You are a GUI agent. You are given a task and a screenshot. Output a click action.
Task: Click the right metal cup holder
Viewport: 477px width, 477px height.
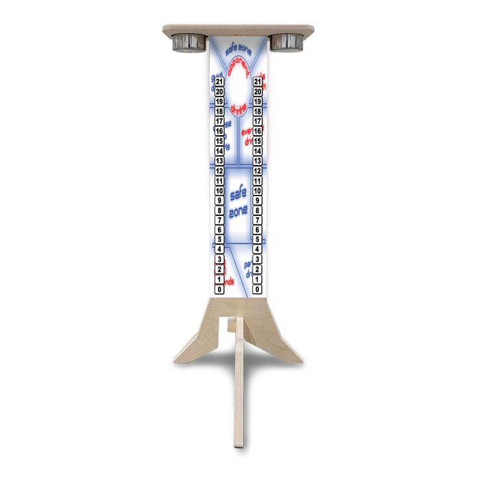pyautogui.click(x=286, y=42)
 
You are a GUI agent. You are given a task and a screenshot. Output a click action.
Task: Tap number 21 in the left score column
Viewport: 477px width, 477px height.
pyautogui.click(x=219, y=82)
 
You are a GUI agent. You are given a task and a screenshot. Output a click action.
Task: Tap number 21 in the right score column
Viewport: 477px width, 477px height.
pyautogui.click(x=257, y=82)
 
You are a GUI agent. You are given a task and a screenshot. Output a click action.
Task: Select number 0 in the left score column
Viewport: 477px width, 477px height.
pyautogui.click(x=219, y=290)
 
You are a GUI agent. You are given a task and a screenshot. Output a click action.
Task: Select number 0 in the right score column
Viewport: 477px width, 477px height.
pyautogui.click(x=257, y=290)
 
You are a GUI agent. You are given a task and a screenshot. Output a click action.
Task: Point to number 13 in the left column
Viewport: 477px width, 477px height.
pyautogui.click(x=219, y=161)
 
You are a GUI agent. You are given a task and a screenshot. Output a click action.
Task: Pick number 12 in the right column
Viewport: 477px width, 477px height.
pyautogui.click(x=257, y=171)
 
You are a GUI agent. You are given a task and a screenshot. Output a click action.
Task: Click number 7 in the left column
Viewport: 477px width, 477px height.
pyautogui.click(x=219, y=220)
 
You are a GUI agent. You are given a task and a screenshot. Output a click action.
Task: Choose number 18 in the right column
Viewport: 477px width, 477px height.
pyautogui.click(x=257, y=112)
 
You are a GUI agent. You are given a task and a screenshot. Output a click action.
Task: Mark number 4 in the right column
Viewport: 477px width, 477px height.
pyautogui.click(x=257, y=250)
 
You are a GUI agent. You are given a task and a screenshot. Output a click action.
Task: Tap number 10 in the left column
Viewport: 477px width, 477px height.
pyautogui.click(x=219, y=191)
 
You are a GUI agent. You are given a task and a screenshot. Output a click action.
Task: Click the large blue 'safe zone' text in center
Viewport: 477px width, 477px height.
pyautogui.click(x=238, y=203)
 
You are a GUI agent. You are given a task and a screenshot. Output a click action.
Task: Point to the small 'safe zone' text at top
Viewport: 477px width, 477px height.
pyautogui.click(x=238, y=49)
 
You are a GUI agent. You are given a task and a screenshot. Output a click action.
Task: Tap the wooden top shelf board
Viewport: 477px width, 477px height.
pyautogui.click(x=238, y=29)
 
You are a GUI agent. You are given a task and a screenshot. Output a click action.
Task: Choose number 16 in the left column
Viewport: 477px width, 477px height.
pyautogui.click(x=219, y=131)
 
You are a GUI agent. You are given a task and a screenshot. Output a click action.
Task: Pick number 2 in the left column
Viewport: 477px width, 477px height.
pyautogui.click(x=219, y=270)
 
